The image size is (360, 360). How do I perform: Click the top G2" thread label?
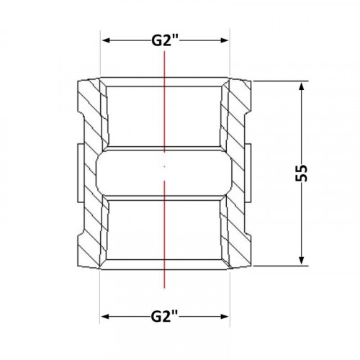point(165,40)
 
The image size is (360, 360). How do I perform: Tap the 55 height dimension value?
point(302,174)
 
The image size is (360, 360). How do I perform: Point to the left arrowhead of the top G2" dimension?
point(106,40)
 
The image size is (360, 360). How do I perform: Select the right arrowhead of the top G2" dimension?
point(224,40)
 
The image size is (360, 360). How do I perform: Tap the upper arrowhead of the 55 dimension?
point(302,86)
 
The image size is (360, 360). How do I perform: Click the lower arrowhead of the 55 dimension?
point(302,261)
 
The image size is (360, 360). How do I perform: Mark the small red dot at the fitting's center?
point(164,166)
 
